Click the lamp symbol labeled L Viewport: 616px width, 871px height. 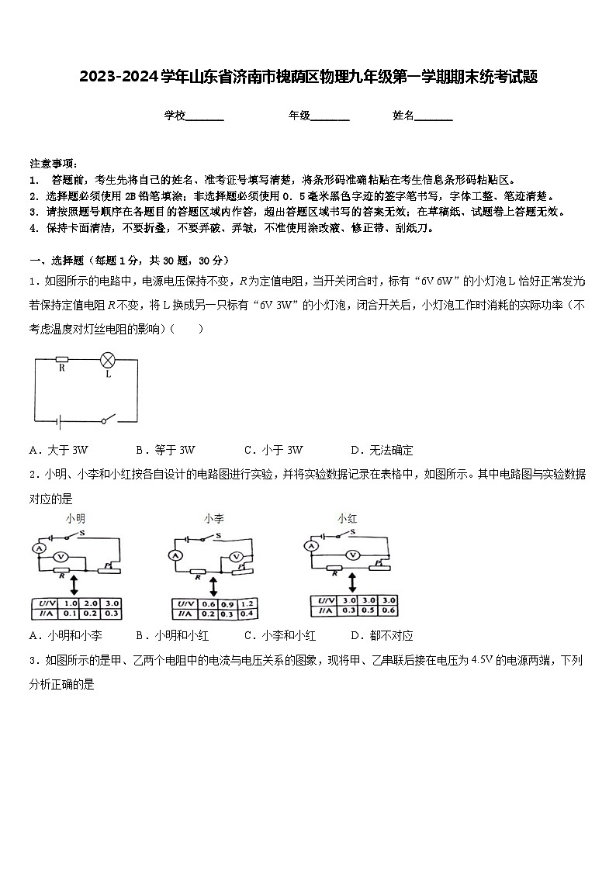(108, 360)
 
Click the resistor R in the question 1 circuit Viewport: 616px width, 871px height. (62, 360)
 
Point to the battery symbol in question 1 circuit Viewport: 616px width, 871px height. (59, 421)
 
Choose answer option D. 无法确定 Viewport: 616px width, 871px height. (382, 450)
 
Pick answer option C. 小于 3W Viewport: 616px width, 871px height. (273, 450)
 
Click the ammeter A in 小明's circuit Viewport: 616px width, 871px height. (36, 548)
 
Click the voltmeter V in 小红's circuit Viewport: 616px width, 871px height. (352, 554)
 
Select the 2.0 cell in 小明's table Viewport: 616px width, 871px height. (91, 603)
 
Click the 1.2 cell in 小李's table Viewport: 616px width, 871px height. (247, 604)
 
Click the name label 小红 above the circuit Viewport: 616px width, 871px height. (346, 518)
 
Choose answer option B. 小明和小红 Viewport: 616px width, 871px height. (171, 635)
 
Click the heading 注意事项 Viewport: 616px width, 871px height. (54, 164)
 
